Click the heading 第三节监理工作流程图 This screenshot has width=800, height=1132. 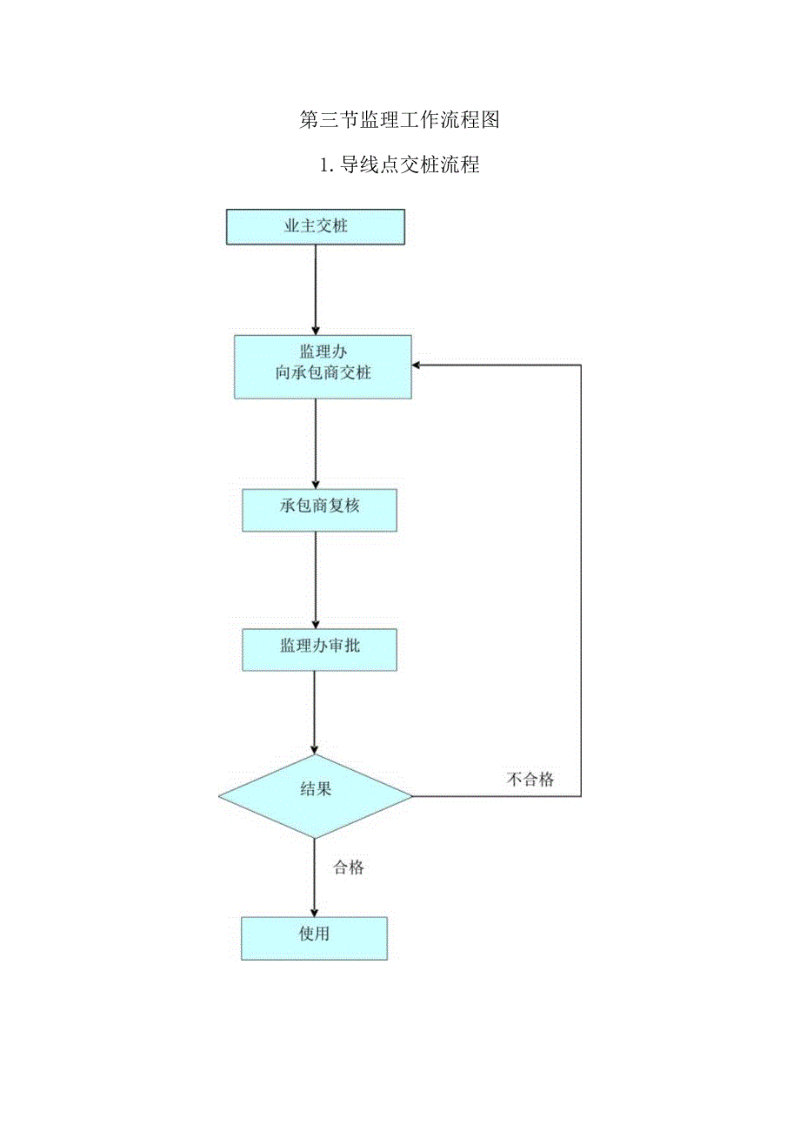[399, 120]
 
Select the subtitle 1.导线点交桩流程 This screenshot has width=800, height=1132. [399, 164]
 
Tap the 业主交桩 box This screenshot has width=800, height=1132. [316, 227]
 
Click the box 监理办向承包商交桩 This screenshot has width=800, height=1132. [323, 366]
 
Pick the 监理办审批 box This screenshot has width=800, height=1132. [319, 649]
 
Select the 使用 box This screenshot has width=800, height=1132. [314, 938]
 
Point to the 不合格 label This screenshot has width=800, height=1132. [530, 780]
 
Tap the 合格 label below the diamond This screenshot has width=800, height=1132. [349, 867]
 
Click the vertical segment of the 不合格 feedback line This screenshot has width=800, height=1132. [581, 574]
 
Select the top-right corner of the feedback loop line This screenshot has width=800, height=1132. [581, 365]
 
